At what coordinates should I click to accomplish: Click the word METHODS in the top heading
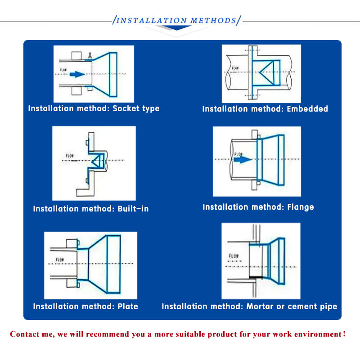(x=213, y=21)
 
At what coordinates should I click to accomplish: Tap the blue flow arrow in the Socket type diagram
(x=77, y=74)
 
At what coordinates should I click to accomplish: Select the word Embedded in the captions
(x=307, y=109)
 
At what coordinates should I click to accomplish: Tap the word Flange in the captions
(x=300, y=207)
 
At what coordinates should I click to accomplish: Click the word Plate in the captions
(x=128, y=306)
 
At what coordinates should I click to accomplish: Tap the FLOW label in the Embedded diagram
(x=236, y=68)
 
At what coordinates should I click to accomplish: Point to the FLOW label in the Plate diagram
(x=60, y=260)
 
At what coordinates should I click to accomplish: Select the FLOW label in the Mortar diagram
(x=234, y=256)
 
